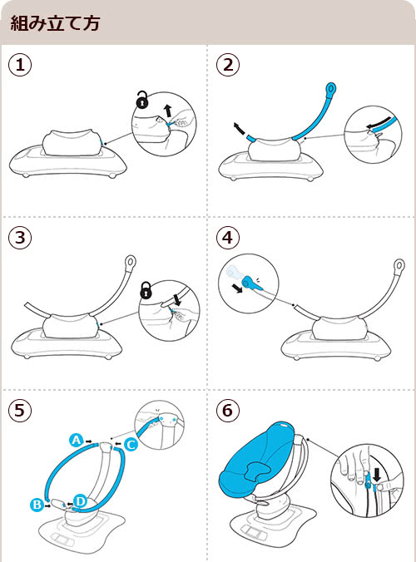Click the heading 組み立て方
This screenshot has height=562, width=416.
[x=55, y=23]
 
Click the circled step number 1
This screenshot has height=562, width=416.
[x=20, y=65]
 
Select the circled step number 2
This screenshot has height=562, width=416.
[x=228, y=65]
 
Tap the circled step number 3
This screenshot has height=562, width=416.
[x=20, y=238]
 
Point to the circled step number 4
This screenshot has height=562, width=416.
[x=228, y=238]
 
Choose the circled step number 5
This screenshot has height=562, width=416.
[x=20, y=411]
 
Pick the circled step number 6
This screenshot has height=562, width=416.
[x=228, y=411]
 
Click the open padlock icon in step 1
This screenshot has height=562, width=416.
[x=143, y=100]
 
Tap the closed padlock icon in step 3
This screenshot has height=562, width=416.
[x=146, y=290]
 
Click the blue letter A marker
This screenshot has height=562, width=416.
[x=76, y=440]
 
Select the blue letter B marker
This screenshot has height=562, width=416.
[x=37, y=505]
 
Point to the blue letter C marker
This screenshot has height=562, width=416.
[x=131, y=445]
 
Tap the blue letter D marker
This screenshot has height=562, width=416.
[x=81, y=501]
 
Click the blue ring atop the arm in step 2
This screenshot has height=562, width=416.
[x=331, y=88]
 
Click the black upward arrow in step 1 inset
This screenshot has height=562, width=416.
[x=167, y=111]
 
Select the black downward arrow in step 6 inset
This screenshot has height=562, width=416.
[x=377, y=474]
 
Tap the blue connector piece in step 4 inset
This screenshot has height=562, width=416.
[x=252, y=283]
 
